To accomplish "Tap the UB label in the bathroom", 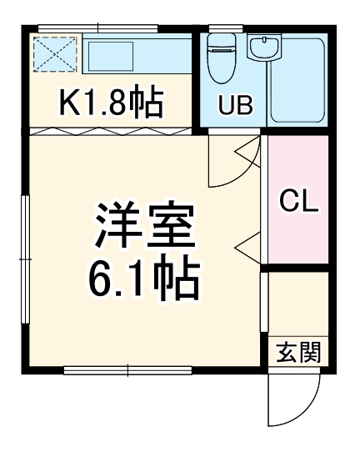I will (x=235, y=105).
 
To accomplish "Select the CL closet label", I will (x=298, y=201).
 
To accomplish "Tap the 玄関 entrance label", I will (x=298, y=353).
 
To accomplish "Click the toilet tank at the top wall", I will (x=221, y=38).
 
